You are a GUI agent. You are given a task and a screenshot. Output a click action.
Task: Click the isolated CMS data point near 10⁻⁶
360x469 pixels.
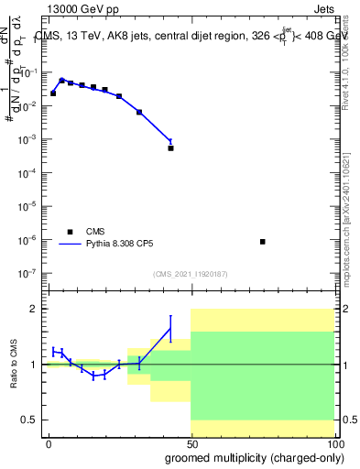pyautogui.click(x=263, y=242)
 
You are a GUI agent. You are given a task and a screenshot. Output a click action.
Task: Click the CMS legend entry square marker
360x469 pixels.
pyautogui.click(x=69, y=232)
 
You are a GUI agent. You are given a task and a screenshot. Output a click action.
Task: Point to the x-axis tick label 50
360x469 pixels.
pyautogui.click(x=191, y=443)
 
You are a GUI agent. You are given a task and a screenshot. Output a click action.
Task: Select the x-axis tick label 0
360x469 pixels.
pyautogui.click(x=49, y=443)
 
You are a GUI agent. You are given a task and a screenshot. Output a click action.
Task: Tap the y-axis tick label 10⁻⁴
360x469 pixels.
pyautogui.click(x=29, y=173)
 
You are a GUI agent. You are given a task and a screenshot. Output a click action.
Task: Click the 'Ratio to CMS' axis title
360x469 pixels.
pyautogui.click(x=13, y=365)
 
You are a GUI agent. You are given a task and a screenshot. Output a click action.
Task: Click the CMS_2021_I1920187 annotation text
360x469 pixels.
pyautogui.click(x=190, y=274)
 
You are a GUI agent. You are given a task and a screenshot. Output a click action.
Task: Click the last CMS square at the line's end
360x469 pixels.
pyautogui.click(x=171, y=147)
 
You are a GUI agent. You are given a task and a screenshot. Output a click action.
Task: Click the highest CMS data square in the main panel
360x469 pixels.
pyautogui.click(x=61, y=81)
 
